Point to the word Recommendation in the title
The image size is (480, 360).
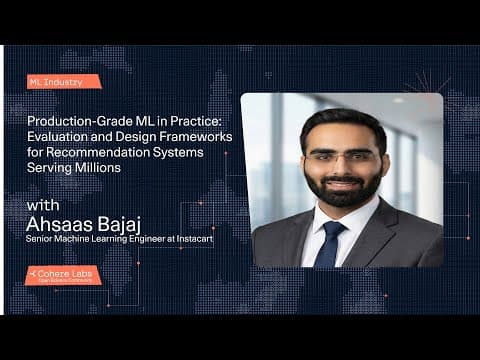tap(78, 151)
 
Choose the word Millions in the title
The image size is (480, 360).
tap(98, 167)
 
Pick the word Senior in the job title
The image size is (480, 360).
tap(42, 241)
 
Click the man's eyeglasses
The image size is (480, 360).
tap(341, 156)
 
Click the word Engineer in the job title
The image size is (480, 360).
tap(150, 241)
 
